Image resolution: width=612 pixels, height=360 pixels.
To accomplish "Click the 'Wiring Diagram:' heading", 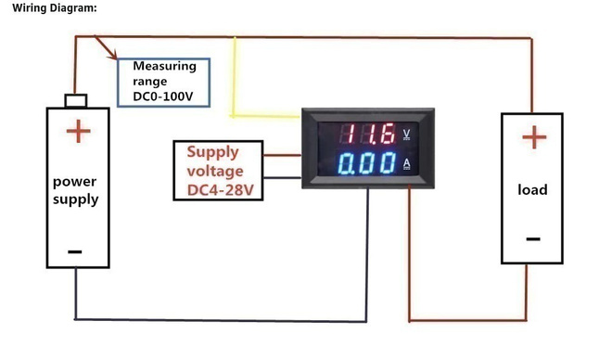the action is (x=55, y=7).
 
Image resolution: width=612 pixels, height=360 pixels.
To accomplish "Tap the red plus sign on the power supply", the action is (x=79, y=131).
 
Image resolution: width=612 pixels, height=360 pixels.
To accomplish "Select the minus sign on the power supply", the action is (x=74, y=251).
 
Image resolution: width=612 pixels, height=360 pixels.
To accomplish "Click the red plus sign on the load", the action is (x=534, y=137).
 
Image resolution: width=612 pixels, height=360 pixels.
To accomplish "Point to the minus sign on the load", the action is (x=533, y=239).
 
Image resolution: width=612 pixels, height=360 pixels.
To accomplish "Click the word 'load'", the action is (x=532, y=190).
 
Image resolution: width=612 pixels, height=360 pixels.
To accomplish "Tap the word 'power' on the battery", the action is (x=74, y=182).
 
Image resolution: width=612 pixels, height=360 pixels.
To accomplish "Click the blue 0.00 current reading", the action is (x=367, y=163).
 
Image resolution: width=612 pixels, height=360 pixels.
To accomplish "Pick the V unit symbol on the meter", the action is (x=406, y=135).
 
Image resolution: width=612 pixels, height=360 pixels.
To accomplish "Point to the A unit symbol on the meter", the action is (x=407, y=164).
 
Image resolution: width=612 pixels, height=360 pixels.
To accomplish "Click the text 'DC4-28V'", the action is (x=221, y=190).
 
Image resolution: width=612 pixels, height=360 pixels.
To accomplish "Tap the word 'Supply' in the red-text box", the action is (x=212, y=152).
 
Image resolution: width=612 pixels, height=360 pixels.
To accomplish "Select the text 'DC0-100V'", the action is (x=163, y=96).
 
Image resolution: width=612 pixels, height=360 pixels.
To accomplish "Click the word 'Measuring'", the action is (x=165, y=67).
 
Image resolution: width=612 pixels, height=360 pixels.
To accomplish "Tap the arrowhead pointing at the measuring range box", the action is (x=113, y=57).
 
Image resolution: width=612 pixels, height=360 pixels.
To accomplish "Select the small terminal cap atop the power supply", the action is (x=76, y=101).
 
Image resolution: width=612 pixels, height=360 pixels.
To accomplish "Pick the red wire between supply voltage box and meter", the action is (x=282, y=155).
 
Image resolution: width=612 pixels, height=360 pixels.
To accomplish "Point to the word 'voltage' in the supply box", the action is (x=215, y=172).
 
